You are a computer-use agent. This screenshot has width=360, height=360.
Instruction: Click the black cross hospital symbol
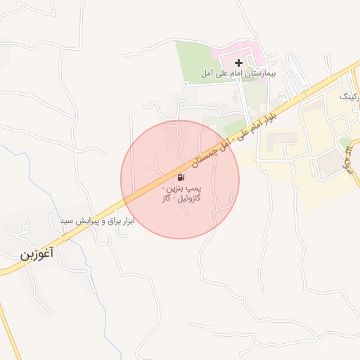(x=238, y=63)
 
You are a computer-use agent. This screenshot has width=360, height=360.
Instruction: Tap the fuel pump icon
(x=181, y=177)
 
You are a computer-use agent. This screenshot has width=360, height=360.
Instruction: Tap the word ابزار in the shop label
(x=126, y=221)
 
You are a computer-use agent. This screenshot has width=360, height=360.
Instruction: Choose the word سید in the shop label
(x=67, y=221)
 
